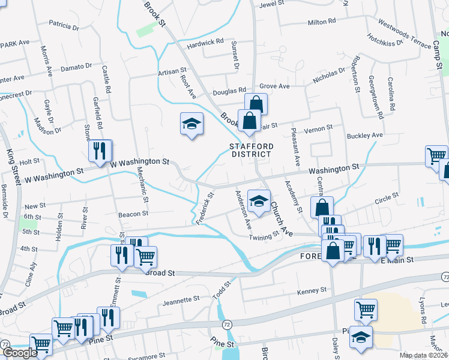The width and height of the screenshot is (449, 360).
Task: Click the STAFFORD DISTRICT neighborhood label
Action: (x=252, y=150)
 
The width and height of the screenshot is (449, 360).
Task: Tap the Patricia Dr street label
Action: (x=64, y=26)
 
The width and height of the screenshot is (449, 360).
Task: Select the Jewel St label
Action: (x=270, y=5)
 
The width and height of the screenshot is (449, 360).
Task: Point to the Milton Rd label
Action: (x=321, y=22)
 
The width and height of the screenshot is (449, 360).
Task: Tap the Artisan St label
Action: (x=172, y=71)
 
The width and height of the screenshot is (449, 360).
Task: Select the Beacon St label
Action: (x=133, y=214)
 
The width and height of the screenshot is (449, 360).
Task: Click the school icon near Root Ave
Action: (x=191, y=124)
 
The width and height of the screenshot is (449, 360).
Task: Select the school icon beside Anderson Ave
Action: (x=259, y=201)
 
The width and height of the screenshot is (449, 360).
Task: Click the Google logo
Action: (x=20, y=353)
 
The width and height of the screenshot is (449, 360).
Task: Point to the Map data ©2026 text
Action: (x=423, y=355)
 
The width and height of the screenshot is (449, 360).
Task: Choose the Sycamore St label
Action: (x=149, y=355)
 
